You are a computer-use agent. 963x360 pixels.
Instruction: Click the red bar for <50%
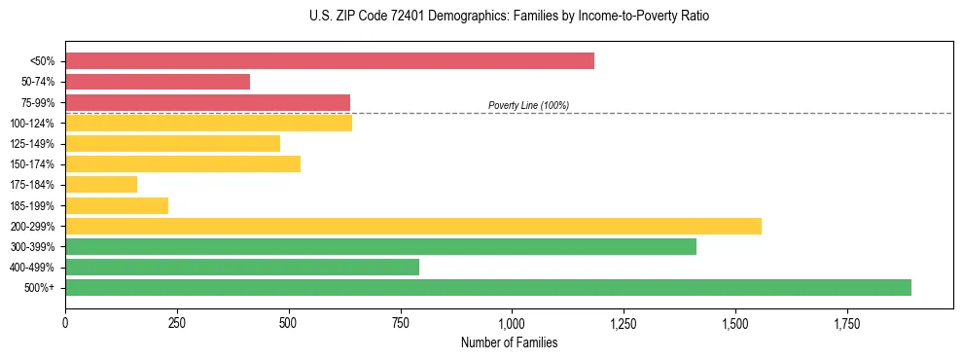click(x=330, y=61)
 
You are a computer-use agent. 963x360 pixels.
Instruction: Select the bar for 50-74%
click(x=158, y=82)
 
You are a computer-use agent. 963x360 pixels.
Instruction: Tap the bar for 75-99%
click(x=207, y=102)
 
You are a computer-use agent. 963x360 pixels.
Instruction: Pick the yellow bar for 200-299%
click(x=413, y=226)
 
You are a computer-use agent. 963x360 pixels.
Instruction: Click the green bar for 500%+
click(x=488, y=287)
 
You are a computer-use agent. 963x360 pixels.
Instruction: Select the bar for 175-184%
click(x=101, y=184)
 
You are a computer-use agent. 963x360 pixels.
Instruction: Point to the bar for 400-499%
click(x=242, y=267)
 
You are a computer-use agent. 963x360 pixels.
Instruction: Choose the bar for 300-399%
click(x=380, y=246)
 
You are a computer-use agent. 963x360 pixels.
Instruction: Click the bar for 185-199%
click(x=117, y=205)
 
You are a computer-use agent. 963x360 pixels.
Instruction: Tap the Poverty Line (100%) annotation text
click(x=528, y=105)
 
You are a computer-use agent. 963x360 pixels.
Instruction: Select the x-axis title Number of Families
click(x=509, y=342)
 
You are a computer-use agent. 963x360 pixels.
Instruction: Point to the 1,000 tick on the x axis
click(x=512, y=323)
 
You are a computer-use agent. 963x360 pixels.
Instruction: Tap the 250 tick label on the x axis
click(x=177, y=323)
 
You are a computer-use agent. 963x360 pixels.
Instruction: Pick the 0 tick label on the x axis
click(x=65, y=323)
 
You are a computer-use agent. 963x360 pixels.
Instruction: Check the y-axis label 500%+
click(x=39, y=288)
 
